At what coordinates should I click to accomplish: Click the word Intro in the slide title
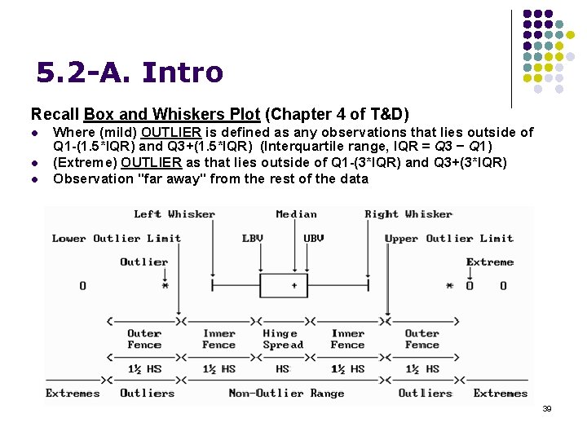[x=182, y=73]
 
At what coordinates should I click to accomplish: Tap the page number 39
[x=547, y=409]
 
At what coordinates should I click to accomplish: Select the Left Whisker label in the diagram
[x=174, y=214]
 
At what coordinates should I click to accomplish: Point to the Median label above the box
[x=296, y=214]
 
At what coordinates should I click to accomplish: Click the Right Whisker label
[x=408, y=214]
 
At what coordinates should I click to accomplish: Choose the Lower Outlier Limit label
[x=117, y=239]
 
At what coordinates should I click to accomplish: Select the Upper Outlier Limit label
[x=449, y=239]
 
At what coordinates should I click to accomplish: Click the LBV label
[x=253, y=239]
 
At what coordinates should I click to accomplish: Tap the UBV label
[x=314, y=239]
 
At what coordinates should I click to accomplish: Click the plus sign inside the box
[x=293, y=286]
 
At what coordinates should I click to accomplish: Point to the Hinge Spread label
[x=282, y=339]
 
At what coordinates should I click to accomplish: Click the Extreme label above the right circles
[x=490, y=262]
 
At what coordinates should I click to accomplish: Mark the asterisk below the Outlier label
[x=166, y=286]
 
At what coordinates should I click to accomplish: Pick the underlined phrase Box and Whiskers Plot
[x=171, y=114]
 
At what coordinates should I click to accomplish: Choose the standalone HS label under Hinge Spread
[x=283, y=369]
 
